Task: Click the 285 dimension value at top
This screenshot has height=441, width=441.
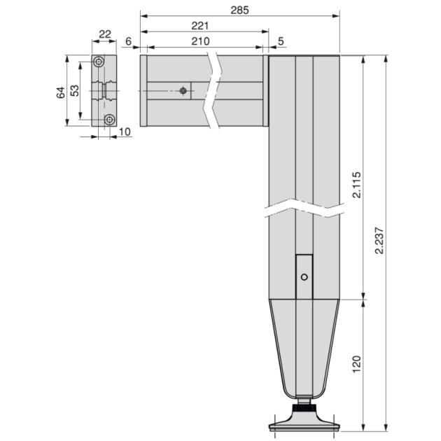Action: point(239,10)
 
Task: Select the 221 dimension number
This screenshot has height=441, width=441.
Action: point(200,25)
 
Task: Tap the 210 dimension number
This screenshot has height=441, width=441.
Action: point(200,41)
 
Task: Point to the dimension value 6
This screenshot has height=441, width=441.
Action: point(128,41)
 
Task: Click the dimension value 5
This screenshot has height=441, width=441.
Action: point(281,41)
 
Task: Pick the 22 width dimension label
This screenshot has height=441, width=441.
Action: point(105,34)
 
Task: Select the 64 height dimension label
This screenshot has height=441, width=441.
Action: point(61,91)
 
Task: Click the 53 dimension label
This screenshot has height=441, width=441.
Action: point(75,91)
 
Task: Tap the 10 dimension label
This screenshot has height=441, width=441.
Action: point(125,131)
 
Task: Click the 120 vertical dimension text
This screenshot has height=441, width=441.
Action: point(357,363)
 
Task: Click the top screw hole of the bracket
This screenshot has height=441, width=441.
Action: point(100,62)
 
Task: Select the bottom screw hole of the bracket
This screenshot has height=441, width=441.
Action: point(108,120)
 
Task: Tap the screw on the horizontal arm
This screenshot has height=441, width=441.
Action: point(183,90)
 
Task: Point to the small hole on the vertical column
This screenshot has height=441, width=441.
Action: point(304,277)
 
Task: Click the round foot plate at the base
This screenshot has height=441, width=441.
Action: point(304,423)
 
